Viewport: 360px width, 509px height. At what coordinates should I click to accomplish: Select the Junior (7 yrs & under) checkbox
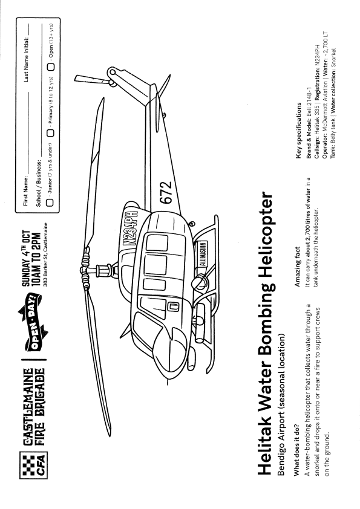click(x=50, y=203)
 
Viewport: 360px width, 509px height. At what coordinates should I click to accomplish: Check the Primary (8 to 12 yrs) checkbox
click(x=50, y=133)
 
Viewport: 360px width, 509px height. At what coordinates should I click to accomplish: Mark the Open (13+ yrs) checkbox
click(x=51, y=66)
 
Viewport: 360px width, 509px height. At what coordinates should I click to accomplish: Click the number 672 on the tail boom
click(x=166, y=192)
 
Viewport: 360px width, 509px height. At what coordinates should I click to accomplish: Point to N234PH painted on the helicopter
click(x=130, y=229)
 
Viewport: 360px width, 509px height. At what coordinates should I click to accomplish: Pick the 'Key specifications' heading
click(x=299, y=131)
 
